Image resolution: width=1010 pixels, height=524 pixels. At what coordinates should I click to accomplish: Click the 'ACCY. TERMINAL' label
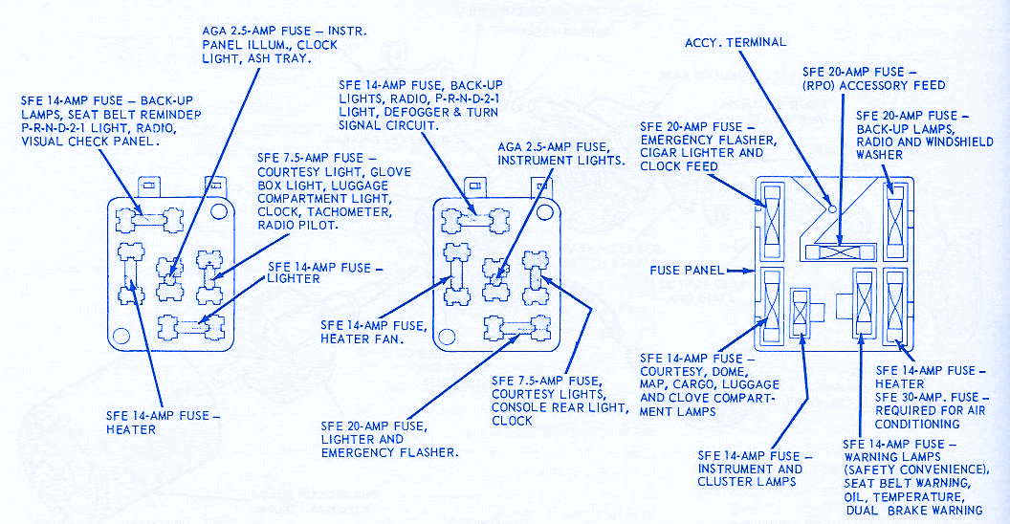pyautogui.click(x=735, y=42)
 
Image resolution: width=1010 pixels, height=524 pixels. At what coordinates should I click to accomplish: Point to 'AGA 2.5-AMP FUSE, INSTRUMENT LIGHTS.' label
pyautogui.click(x=560, y=153)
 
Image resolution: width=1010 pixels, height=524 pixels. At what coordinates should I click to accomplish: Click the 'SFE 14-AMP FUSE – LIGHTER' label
pyautogui.click(x=318, y=273)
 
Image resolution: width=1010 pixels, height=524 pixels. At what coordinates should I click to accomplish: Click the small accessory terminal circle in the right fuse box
pyautogui.click(x=833, y=207)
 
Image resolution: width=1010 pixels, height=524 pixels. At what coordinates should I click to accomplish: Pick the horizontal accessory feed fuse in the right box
pyautogui.click(x=840, y=251)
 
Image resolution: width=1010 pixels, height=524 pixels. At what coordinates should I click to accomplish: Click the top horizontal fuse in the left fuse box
pyautogui.click(x=147, y=219)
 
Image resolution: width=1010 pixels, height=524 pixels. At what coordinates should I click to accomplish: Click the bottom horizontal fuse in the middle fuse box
pyautogui.click(x=521, y=327)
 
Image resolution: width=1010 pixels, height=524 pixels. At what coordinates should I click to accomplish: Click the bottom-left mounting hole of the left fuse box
pyautogui.click(x=121, y=335)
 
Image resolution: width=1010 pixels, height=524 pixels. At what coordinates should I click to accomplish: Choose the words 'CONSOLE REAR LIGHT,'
pyautogui.click(x=560, y=407)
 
